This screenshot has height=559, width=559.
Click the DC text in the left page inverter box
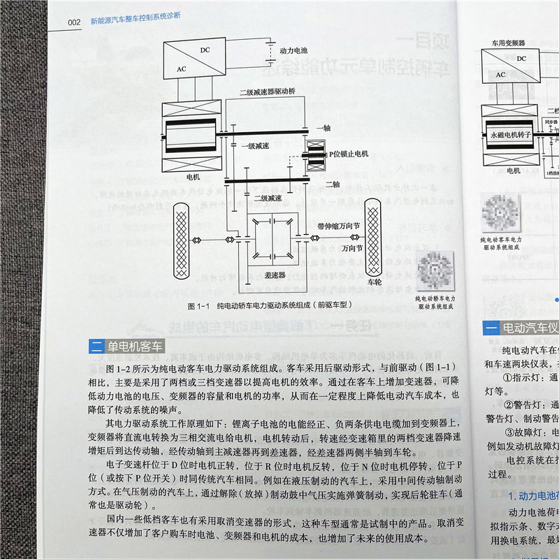pyautogui.click(x=204, y=50)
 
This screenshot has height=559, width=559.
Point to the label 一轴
pyautogui.click(x=323, y=129)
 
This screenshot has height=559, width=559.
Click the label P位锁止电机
pyautogui.click(x=344, y=152)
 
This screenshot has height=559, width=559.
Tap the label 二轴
pyautogui.click(x=333, y=184)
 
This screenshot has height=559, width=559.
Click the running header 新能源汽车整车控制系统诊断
pyautogui.click(x=136, y=22)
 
